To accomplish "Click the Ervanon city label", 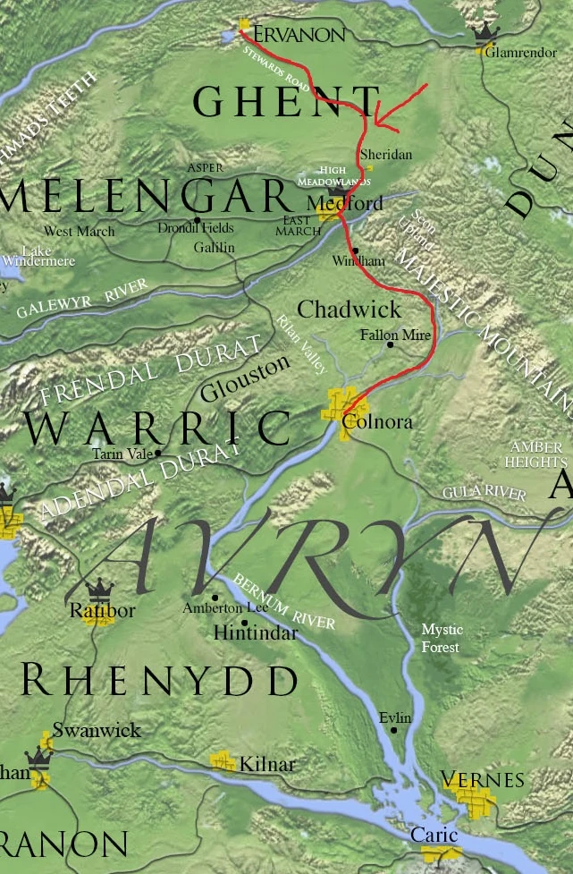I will pos(299,35).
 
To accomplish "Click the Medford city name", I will pos(350,204).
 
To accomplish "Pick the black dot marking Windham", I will pos(355,250).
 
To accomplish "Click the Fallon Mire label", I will pos(394,335).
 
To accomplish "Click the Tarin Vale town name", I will pos(122,454).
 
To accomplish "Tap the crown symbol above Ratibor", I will pos(98,589).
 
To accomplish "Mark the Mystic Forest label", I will pos(442,638).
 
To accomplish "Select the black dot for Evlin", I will pos(393,731).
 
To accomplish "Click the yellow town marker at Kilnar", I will pos(223,761).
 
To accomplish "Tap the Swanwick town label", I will pos(97,730).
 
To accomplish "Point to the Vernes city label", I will pos(483,780).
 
